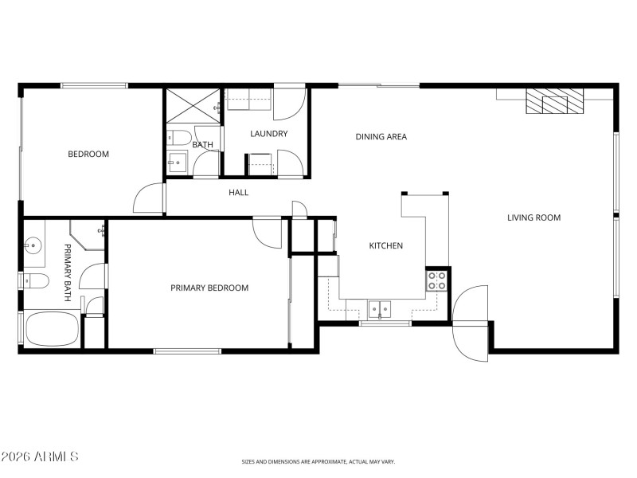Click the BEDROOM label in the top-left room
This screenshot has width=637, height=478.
[x=88, y=154]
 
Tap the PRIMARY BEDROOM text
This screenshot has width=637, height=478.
[x=209, y=288]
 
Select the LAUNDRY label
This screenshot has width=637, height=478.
[x=268, y=133]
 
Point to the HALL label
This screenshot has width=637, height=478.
[x=239, y=192]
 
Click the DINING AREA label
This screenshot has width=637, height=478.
[x=381, y=136]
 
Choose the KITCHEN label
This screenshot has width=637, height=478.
[x=385, y=245]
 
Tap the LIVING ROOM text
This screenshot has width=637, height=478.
[x=534, y=217]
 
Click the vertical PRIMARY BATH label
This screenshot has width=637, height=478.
[x=68, y=271]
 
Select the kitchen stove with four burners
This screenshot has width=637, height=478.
[x=437, y=280]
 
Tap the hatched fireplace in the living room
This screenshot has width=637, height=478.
[x=553, y=101]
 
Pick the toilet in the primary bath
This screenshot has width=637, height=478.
[x=35, y=280]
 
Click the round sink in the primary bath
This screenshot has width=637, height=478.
[x=34, y=245]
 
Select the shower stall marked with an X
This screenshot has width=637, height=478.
[x=193, y=104]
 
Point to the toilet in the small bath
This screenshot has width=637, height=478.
[x=178, y=136]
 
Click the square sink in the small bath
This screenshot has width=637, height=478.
[x=177, y=163]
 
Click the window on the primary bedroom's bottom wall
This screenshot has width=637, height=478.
[x=187, y=351]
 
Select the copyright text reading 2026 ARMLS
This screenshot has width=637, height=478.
[x=40, y=456]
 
